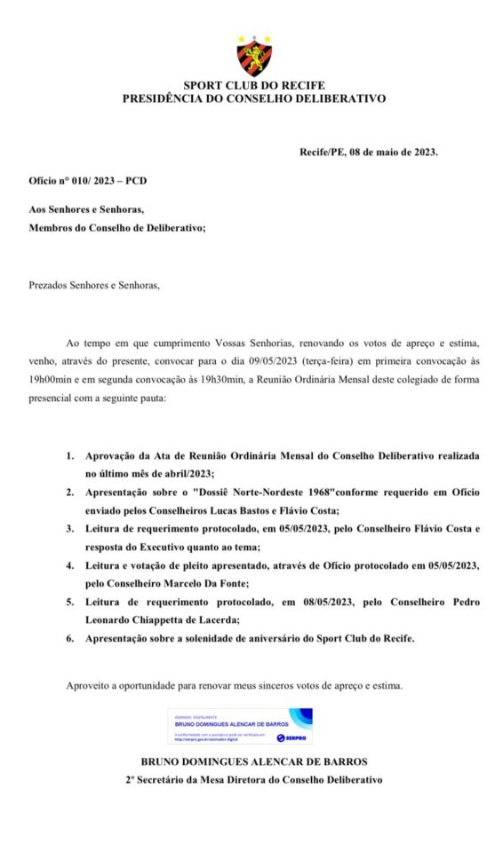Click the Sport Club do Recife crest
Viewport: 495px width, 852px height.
(254, 55)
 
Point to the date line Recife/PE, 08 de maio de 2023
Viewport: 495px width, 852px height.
(368, 152)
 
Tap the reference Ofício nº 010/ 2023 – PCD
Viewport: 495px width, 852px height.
(88, 180)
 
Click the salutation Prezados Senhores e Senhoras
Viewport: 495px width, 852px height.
(94, 287)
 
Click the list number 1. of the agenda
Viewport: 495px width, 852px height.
(70, 455)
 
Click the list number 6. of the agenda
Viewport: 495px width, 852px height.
(70, 639)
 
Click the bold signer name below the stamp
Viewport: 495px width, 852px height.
(254, 761)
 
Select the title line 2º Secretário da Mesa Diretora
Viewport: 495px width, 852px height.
(254, 779)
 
